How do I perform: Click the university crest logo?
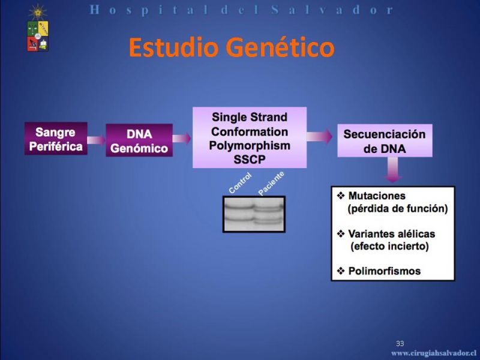pyautogui.click(x=38, y=28)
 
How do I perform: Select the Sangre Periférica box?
pyautogui.click(x=56, y=139)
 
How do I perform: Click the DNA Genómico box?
pyautogui.click(x=139, y=140)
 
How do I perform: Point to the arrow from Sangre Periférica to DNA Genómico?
pyautogui.click(x=97, y=140)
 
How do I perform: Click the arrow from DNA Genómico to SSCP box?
pyautogui.click(x=182, y=139)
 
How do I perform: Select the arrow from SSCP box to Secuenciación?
pyautogui.click(x=319, y=136)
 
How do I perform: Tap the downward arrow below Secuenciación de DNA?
pyautogui.click(x=393, y=170)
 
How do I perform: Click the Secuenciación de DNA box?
pyautogui.click(x=385, y=140)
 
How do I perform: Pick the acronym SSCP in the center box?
pyautogui.click(x=250, y=160)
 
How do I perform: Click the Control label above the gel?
pyautogui.click(x=241, y=183)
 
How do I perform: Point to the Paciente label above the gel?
pyautogui.click(x=271, y=184)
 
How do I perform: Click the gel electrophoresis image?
pyautogui.click(x=254, y=214)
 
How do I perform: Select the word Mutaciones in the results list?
pyautogui.click(x=377, y=196)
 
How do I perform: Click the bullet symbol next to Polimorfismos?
pyautogui.click(x=341, y=271)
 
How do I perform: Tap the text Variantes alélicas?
pyautogui.click(x=392, y=234)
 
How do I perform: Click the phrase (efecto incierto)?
pyautogui.click(x=389, y=247)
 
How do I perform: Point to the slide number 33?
pyautogui.click(x=400, y=343)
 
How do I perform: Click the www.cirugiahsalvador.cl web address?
pyautogui.click(x=434, y=354)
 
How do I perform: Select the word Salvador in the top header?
pyautogui.click(x=332, y=10)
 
